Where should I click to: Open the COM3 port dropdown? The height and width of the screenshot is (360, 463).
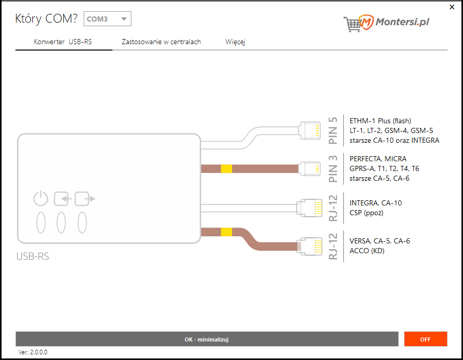pyautogui.click(x=107, y=19)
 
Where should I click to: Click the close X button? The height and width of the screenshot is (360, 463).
pyautogui.click(x=452, y=7)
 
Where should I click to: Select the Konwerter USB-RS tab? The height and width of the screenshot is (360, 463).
pyautogui.click(x=63, y=42)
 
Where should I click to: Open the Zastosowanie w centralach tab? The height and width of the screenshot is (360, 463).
pyautogui.click(x=161, y=42)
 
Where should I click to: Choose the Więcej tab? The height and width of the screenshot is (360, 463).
pyautogui.click(x=235, y=42)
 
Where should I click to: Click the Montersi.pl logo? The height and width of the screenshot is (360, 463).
pyautogui.click(x=387, y=23)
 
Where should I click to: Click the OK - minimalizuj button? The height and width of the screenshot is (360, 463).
pyautogui.click(x=207, y=339)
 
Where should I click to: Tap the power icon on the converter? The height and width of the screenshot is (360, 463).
pyautogui.click(x=41, y=198)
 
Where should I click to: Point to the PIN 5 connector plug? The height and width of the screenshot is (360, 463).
pyautogui.click(x=310, y=130)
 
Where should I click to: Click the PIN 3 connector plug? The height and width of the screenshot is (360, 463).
pyautogui.click(x=310, y=168)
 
